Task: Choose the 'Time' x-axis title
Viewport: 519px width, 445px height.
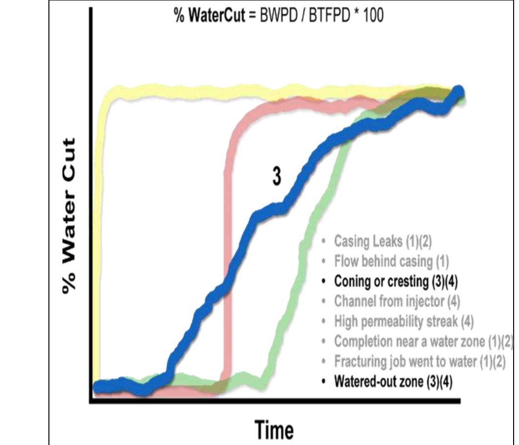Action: (274, 430)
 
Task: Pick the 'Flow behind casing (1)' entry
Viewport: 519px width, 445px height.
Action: (391, 261)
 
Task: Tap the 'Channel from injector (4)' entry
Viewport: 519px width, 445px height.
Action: (397, 302)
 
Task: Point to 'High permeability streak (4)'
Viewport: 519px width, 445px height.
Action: (404, 322)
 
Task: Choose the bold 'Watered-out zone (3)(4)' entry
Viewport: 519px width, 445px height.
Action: (393, 381)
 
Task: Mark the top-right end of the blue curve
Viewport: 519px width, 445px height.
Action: (458, 92)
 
